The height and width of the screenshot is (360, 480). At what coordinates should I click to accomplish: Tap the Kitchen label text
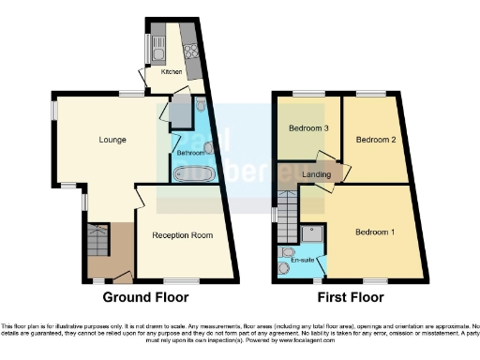click(171, 71)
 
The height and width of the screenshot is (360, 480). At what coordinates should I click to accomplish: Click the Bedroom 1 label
click(374, 232)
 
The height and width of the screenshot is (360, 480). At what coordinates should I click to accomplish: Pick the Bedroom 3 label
click(307, 127)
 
